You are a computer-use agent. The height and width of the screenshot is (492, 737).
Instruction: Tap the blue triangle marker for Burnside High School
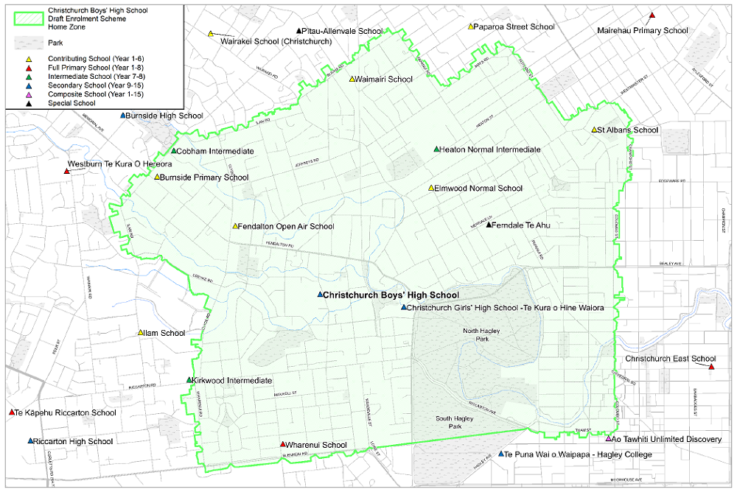pos(123,116)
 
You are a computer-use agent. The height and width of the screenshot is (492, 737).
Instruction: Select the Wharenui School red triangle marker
pos(283,444)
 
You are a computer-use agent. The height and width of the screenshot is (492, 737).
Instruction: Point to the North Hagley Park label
pos(483,335)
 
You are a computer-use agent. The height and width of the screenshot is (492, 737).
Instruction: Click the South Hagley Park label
pos(453,422)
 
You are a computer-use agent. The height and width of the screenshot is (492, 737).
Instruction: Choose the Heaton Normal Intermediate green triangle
pos(436,149)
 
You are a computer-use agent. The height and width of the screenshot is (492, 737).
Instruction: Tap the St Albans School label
pos(628,130)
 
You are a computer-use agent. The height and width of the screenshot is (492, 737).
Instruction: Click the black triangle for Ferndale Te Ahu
pos(488,225)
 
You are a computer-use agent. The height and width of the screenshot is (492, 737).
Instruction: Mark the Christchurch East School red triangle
pos(712,366)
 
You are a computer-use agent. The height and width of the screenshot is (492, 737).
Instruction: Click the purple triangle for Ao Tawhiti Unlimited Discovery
pos(608,439)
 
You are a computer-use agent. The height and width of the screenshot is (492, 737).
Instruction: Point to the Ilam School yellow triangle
pos(141,332)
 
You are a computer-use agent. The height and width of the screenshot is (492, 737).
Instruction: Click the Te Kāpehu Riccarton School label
pos(66,412)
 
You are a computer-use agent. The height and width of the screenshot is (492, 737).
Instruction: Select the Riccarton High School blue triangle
pos(30,441)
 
